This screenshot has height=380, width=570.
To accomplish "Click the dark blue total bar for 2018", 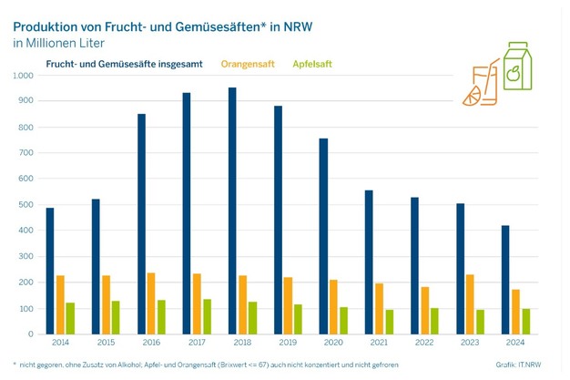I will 231,211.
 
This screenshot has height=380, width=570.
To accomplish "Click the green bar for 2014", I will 72,317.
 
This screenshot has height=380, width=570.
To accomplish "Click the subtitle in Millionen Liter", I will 61,42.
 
